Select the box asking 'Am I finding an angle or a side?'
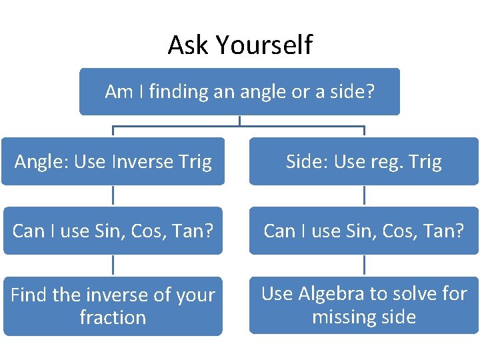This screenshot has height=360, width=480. [239, 91]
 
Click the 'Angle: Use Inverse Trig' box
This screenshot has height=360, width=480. [113, 161]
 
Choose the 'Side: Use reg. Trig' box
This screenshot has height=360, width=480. [364, 161]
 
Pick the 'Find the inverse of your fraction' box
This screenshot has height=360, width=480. [113, 306]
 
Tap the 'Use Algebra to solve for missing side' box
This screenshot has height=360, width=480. [364, 305]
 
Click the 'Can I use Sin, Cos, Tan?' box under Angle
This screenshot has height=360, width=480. [113, 231]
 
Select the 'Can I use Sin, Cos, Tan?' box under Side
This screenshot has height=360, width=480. [364, 231]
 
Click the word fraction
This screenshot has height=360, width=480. [113, 317]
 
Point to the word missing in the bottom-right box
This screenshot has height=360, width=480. [342, 317]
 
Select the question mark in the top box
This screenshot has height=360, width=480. [369, 91]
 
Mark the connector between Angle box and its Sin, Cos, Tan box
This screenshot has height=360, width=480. [113, 195]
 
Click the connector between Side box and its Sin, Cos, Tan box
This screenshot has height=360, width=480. [364, 195]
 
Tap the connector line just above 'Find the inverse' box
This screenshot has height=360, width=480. [113, 265]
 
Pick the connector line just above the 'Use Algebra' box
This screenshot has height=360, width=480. [364, 265]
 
